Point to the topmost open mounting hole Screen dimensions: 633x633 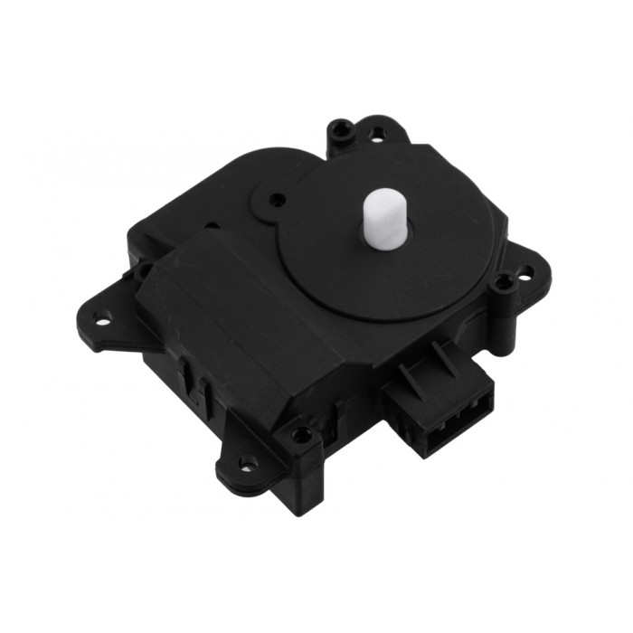pos(377,134)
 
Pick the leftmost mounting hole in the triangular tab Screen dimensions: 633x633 pos(102,317)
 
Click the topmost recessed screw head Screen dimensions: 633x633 pos(341,130)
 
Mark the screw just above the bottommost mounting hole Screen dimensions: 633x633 pos(303,433)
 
